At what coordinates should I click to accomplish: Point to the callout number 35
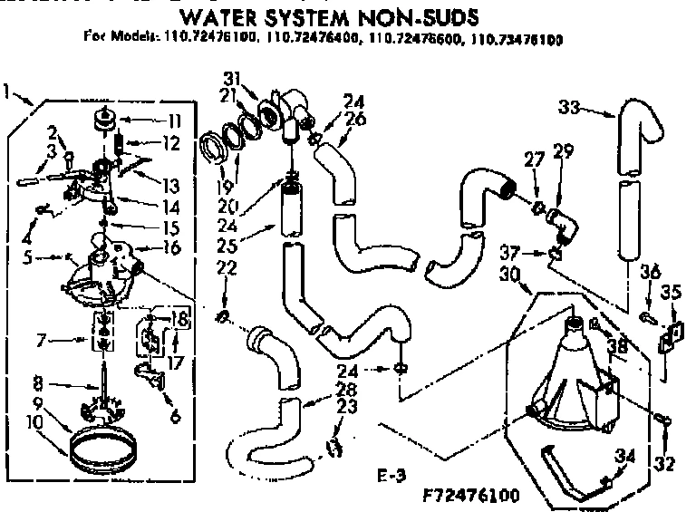672,292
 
